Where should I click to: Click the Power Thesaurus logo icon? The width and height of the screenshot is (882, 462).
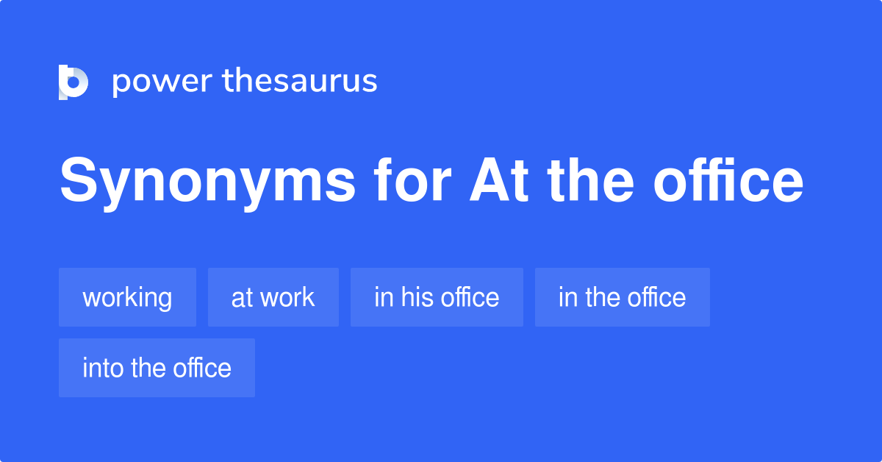73,82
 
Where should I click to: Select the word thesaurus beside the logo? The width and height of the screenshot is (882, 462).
301,81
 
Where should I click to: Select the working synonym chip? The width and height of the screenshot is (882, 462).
127,297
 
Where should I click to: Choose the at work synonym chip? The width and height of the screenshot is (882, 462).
273,297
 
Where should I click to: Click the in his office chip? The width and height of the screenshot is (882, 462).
437,297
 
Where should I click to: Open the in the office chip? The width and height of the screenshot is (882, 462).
622,297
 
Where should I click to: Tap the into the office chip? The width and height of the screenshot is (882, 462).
157,368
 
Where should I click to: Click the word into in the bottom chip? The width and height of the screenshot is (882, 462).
104,368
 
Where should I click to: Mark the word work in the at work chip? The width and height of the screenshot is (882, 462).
287,297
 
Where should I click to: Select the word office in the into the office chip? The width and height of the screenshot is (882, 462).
203,368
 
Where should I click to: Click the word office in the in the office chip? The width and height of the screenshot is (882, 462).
656,297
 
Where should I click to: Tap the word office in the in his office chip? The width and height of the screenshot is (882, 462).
470,297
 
